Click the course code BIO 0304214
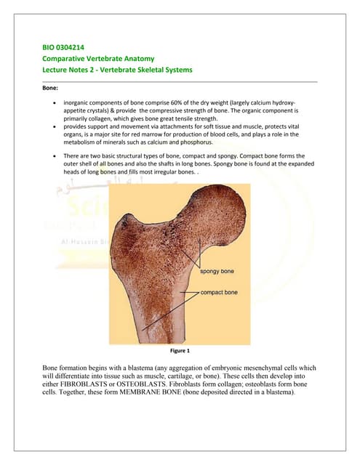pyautogui.click(x=65, y=49)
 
